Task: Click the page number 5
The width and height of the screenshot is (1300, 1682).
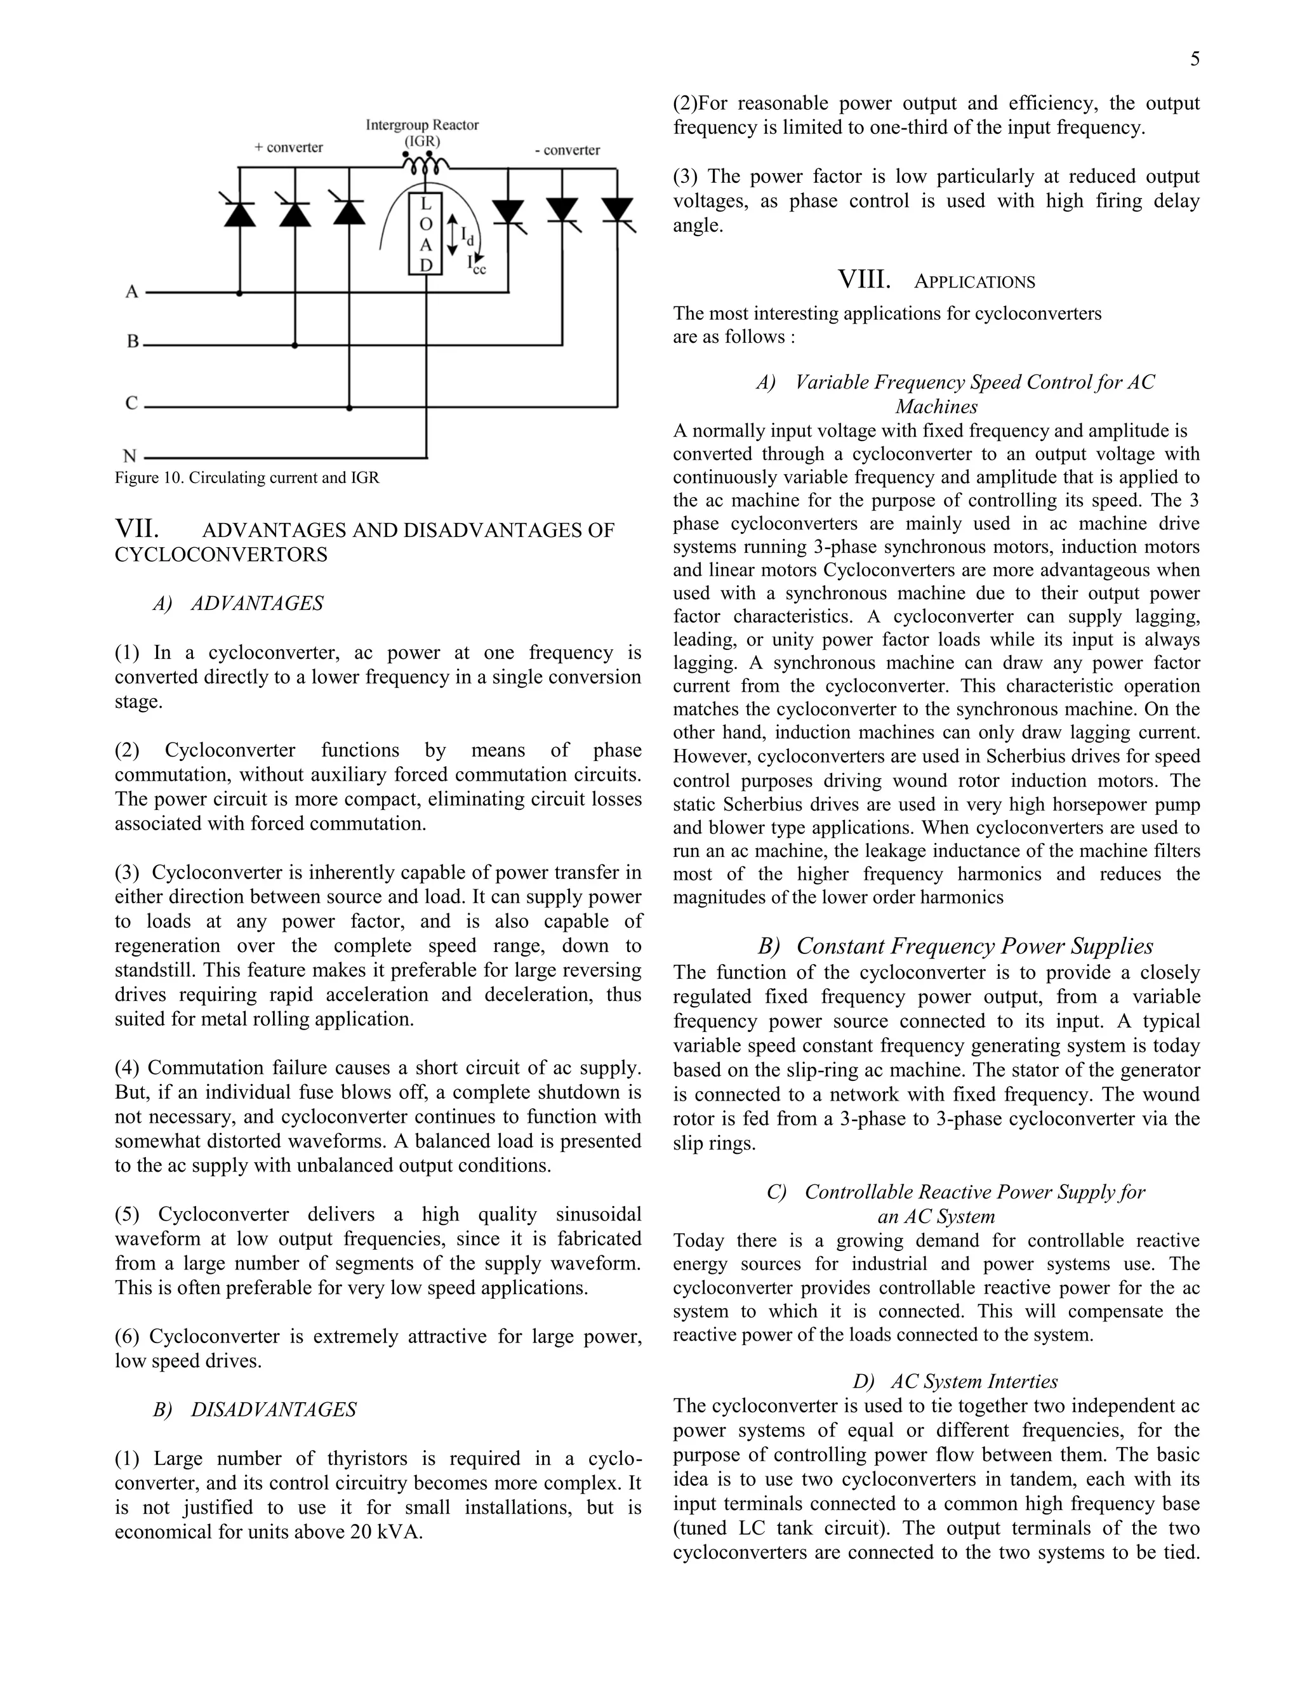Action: coord(1195,59)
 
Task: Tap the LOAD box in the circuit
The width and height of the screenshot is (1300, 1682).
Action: coord(425,234)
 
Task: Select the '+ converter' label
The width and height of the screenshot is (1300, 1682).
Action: coord(289,147)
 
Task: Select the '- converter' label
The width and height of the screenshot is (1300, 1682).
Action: coord(567,150)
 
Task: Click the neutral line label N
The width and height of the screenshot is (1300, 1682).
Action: coord(130,457)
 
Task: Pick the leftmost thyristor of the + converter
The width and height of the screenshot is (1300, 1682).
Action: coord(239,212)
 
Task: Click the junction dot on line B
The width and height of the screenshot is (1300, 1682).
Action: coord(294,346)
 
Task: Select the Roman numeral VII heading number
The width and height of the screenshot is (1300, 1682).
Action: coord(137,529)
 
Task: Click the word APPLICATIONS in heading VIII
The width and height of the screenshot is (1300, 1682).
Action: coord(974,282)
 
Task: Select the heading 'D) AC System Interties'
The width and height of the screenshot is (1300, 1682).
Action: coord(955,1382)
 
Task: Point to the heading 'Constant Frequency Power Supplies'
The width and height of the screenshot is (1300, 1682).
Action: coord(974,946)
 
